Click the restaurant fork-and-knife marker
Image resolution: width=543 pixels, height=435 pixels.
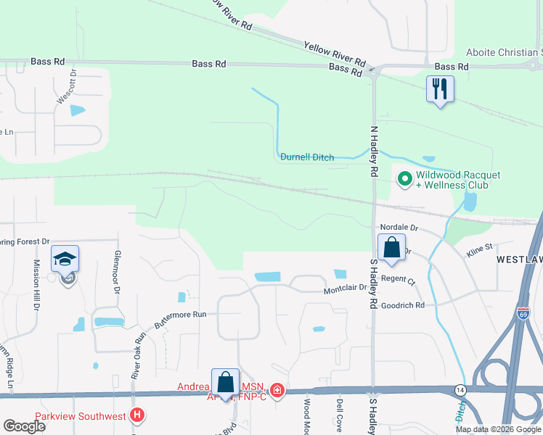(440, 89)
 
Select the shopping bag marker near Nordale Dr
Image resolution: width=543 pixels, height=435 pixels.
(391, 247)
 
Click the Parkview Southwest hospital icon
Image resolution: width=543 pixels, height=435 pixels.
(138, 415)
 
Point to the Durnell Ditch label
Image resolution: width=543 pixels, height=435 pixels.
(306, 157)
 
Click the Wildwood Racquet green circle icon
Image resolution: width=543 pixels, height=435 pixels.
(404, 178)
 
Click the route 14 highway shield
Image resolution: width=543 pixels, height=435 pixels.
(460, 389)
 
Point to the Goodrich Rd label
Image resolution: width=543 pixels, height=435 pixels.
(402, 306)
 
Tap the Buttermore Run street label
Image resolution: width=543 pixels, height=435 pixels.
(179, 314)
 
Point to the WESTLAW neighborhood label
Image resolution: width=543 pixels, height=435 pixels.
(519, 259)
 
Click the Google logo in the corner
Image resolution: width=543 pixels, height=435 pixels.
(24, 426)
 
